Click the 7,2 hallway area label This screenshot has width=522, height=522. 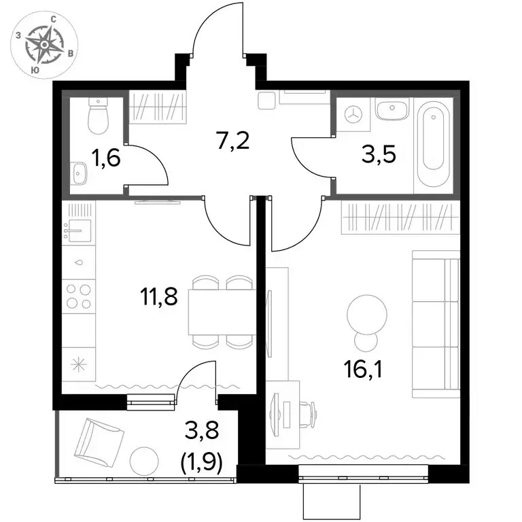(232, 141)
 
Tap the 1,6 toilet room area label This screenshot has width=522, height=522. (105, 158)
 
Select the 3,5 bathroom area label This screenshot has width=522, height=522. (379, 154)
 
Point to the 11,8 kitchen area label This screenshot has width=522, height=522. (159, 296)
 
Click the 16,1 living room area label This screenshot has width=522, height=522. (363, 370)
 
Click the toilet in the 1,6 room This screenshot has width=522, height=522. (98, 116)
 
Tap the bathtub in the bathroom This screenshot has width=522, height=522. (433, 144)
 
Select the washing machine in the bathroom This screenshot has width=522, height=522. (353, 115)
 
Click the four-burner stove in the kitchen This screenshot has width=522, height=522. (79, 296)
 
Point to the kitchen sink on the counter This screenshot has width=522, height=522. (77, 230)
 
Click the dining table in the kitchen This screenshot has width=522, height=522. (222, 312)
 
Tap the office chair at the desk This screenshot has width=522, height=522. (308, 413)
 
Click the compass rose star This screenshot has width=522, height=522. (44, 44)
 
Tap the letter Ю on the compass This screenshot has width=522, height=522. (34, 70)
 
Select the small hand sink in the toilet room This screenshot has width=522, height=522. (79, 173)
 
